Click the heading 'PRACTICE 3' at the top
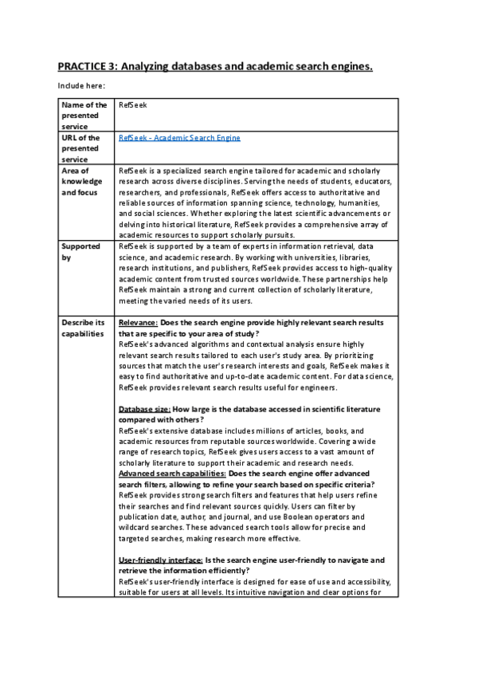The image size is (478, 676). point(88,66)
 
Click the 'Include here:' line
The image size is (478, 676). point(81,85)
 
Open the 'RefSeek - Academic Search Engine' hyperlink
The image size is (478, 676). point(178,138)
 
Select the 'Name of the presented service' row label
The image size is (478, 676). point(84,116)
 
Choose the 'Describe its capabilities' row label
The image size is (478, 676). point(84,328)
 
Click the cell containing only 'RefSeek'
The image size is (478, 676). point(132,105)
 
